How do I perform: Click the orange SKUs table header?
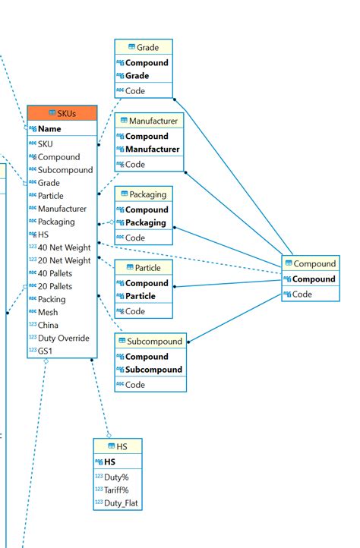point(62,113)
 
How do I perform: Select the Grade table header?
point(144,47)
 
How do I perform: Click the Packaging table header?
point(144,194)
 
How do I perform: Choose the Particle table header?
point(143,268)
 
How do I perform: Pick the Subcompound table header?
point(150,342)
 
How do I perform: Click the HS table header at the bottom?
point(117,446)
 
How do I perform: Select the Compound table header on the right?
point(310,264)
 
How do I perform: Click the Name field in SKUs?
point(49,129)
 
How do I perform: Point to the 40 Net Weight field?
point(64,247)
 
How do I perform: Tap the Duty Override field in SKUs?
point(63,338)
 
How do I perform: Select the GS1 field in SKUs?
point(46,351)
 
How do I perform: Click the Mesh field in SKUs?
point(48,312)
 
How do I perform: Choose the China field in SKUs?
point(49,325)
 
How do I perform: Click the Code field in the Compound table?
point(302,294)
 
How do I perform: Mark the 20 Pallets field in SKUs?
point(55,286)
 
